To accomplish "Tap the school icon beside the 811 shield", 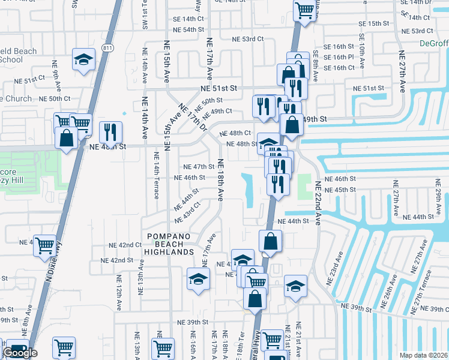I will (x=83, y=60).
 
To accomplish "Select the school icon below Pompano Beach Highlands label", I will (x=198, y=280).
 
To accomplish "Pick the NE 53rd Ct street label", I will (x=249, y=40).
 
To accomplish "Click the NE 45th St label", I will (x=340, y=190).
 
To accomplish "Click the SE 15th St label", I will (x=373, y=23).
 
